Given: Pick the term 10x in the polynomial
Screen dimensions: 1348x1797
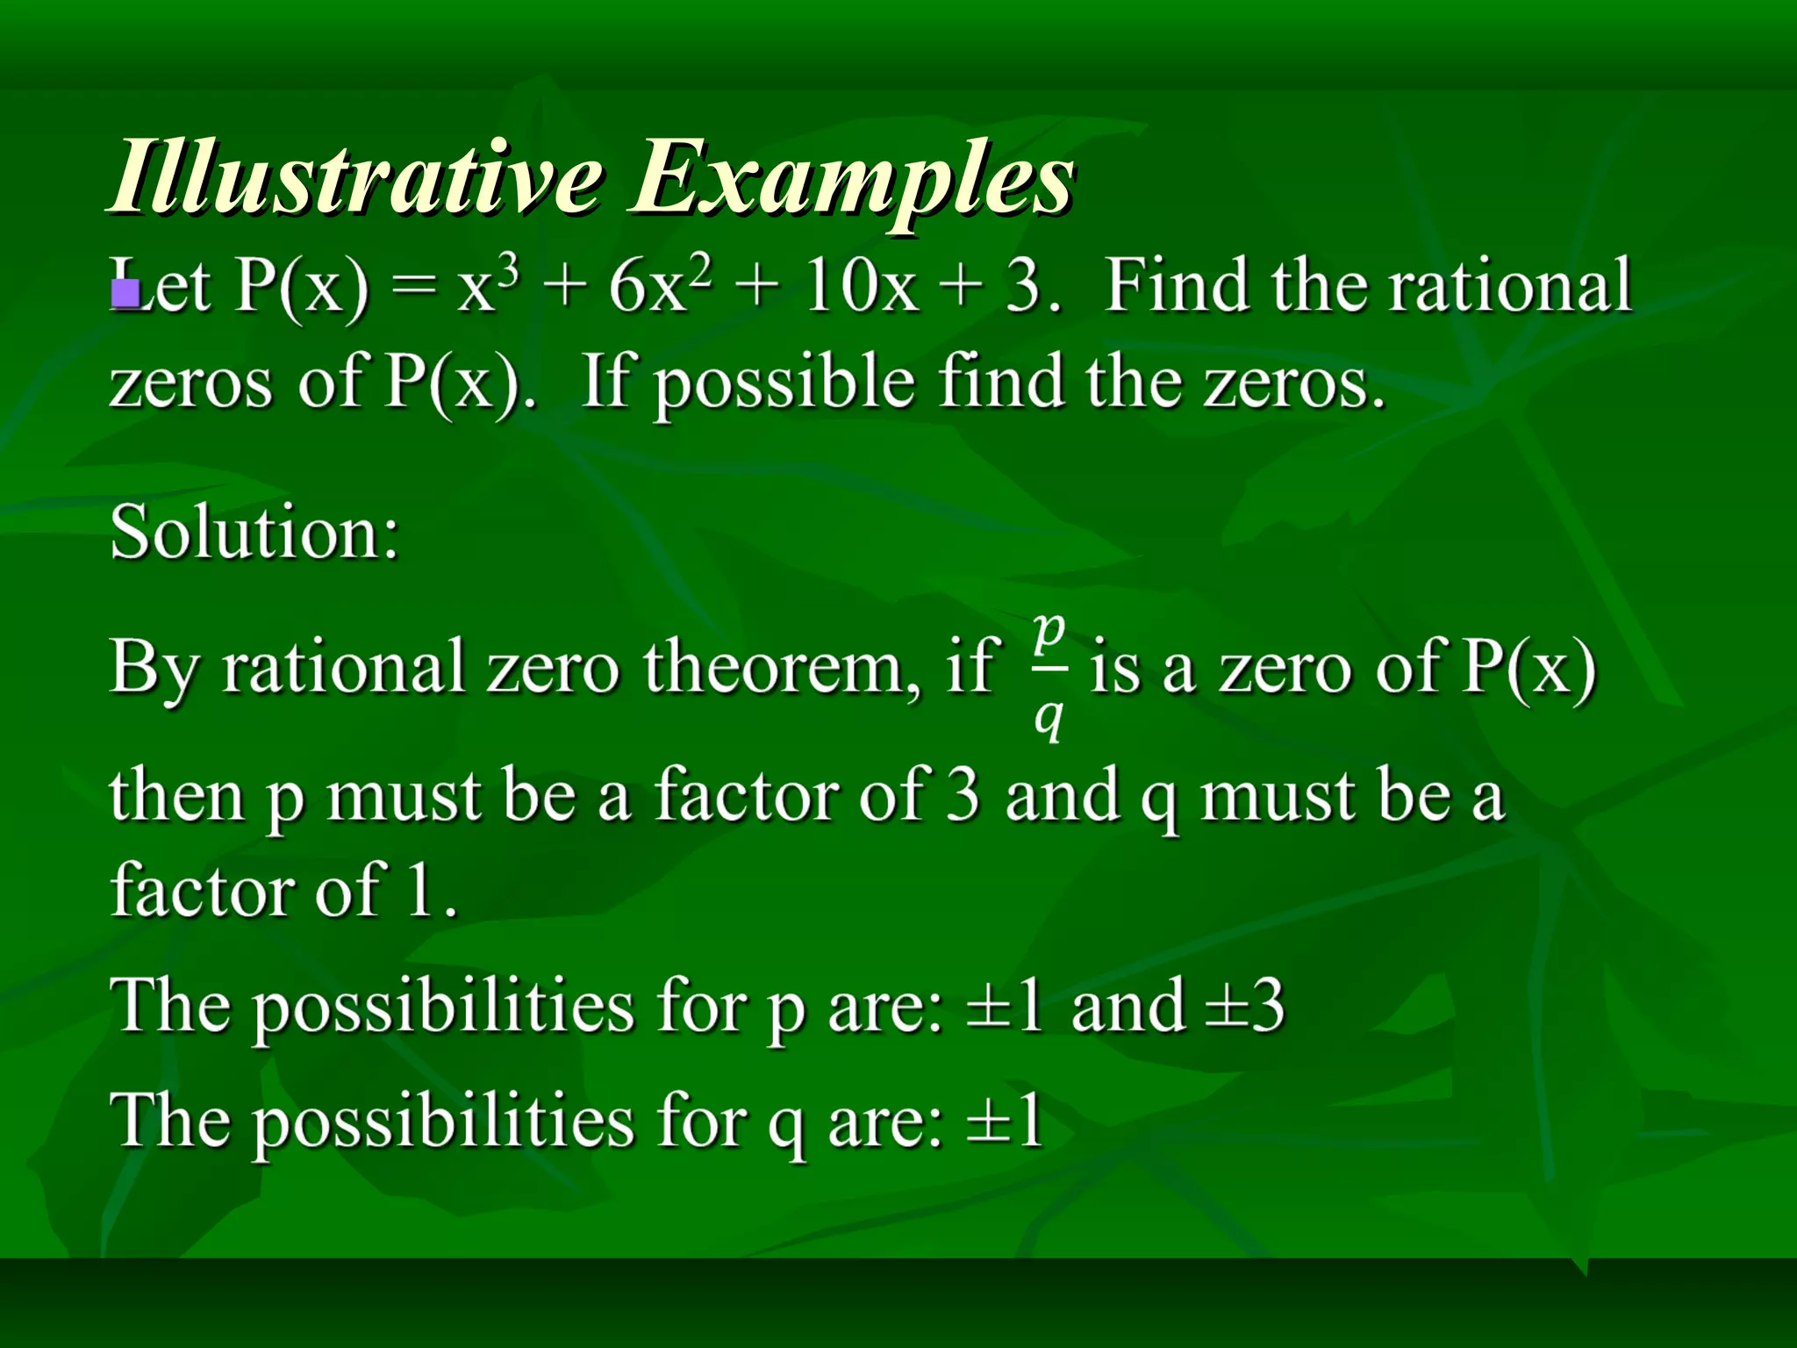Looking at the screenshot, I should click(861, 288).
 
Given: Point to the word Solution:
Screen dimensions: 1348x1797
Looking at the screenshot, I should click(254, 534).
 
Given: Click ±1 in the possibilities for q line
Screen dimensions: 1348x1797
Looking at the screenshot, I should click(1005, 1121).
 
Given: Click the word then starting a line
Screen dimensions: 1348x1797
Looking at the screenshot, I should click(176, 795).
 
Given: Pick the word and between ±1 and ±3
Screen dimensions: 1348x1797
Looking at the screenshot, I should click(1127, 1006).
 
